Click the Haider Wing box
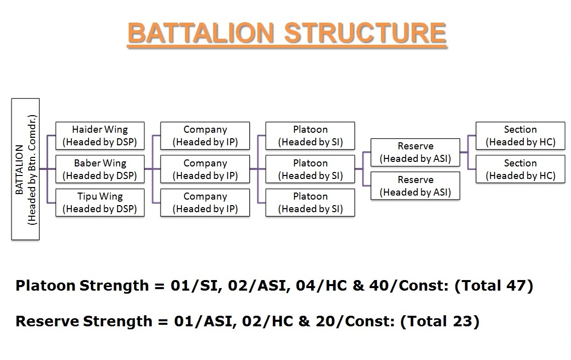pos(100,136)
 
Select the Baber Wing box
pos(100,169)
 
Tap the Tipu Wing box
pos(100,203)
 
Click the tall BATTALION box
pos(26,169)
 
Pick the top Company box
pos(205,136)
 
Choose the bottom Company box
pos(205,203)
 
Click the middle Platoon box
pos(310,169)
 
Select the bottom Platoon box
pos(310,203)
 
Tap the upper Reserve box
pos(415,152)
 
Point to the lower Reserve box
pos(415,186)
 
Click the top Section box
pos(520,136)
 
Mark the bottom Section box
pos(520,169)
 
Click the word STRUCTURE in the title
pos(365,33)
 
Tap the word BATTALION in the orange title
pos(201,33)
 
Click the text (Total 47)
pos(494,286)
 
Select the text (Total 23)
pos(440,321)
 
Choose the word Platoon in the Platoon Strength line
pos(46,285)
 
